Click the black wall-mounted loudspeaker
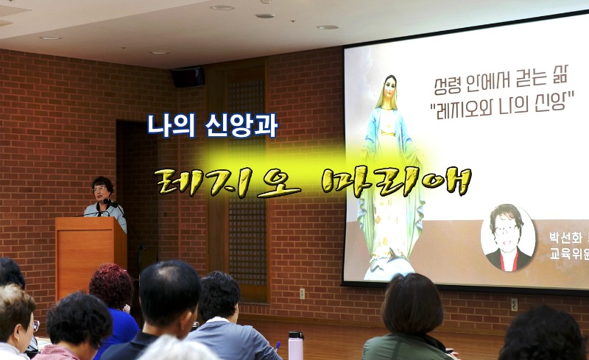coord(188,77)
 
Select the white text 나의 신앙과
coord(212,126)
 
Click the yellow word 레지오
coord(224,179)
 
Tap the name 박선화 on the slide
coord(564,238)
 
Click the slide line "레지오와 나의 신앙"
coord(501,104)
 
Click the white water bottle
coord(296,345)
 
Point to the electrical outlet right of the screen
coord(514,303)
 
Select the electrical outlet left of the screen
coord(302,293)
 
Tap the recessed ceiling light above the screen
coord(328,27)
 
